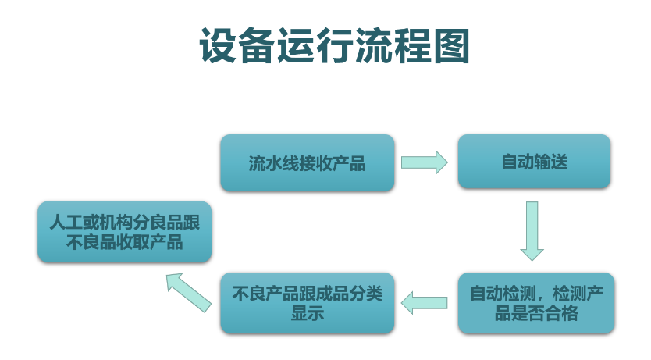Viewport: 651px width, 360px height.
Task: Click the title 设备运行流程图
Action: [x=334, y=46]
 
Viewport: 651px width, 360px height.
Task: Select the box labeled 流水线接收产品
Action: [x=308, y=163]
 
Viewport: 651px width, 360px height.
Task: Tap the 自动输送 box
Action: [x=534, y=162]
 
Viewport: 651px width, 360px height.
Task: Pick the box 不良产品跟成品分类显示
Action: [x=308, y=304]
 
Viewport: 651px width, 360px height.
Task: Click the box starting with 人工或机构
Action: [x=125, y=232]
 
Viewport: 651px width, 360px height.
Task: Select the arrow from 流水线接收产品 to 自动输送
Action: [x=425, y=162]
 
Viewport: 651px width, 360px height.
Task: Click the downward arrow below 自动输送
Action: [x=532, y=230]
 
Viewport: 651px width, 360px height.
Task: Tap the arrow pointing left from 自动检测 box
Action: [x=424, y=302]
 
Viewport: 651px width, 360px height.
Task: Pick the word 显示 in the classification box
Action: [x=308, y=314]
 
